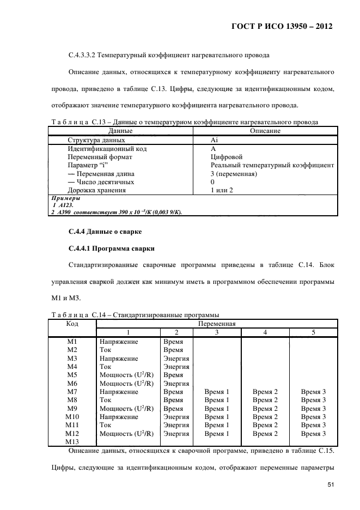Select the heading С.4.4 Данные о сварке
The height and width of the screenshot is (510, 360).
105,232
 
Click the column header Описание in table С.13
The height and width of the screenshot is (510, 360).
265,131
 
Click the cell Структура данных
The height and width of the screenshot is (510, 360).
95,139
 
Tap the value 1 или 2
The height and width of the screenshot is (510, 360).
222,190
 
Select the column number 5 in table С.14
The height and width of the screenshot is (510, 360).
313,332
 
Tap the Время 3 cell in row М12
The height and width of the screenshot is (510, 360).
313,434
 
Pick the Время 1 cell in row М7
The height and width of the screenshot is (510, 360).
217,392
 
